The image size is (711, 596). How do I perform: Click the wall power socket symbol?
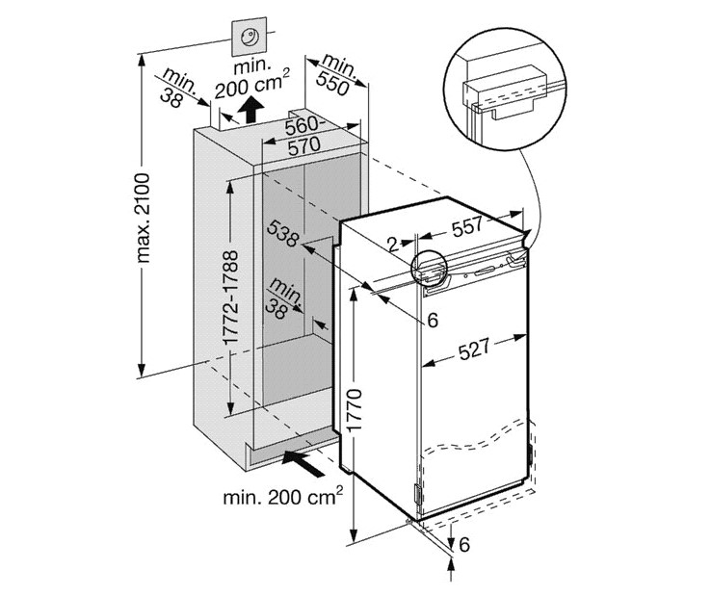[252, 39]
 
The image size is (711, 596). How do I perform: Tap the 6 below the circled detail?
[432, 320]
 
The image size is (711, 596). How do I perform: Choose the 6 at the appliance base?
[463, 546]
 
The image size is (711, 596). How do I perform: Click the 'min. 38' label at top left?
[178, 86]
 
